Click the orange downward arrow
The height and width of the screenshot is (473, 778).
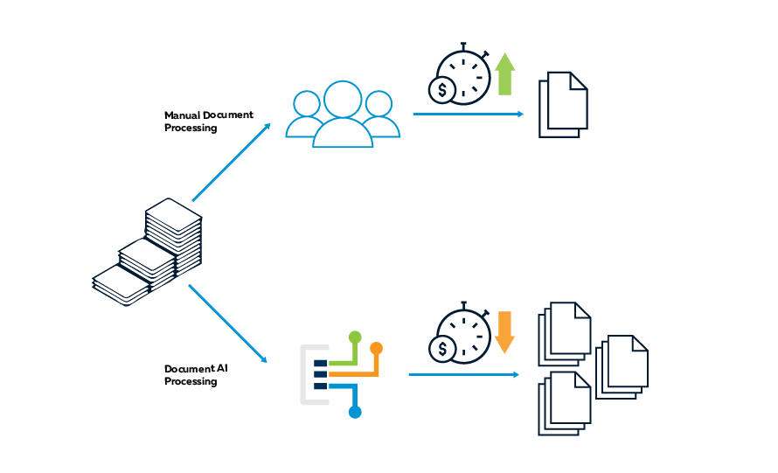504,332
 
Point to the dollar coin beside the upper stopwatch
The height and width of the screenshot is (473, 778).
443,89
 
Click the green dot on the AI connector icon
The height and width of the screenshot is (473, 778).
354,337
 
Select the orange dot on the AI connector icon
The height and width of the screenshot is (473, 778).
377,348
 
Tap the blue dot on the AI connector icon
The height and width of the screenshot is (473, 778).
355,412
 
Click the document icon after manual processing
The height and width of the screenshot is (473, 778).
563,103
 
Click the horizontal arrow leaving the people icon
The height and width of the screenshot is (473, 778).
468,114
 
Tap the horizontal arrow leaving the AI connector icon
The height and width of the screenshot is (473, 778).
463,374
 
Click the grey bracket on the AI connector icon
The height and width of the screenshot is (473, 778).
305,375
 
